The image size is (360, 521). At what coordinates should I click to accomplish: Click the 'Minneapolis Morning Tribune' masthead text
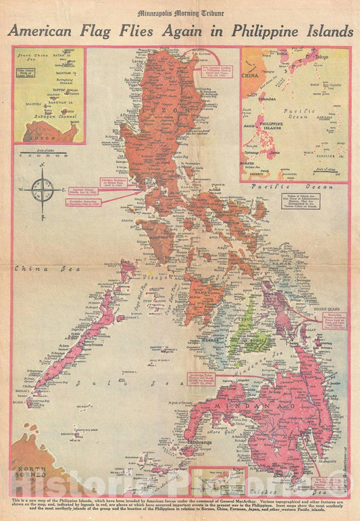click(180, 13)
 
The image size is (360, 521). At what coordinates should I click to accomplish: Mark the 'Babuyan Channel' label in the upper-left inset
click(49, 123)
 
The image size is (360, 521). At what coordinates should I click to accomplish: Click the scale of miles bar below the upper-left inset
click(43, 155)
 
